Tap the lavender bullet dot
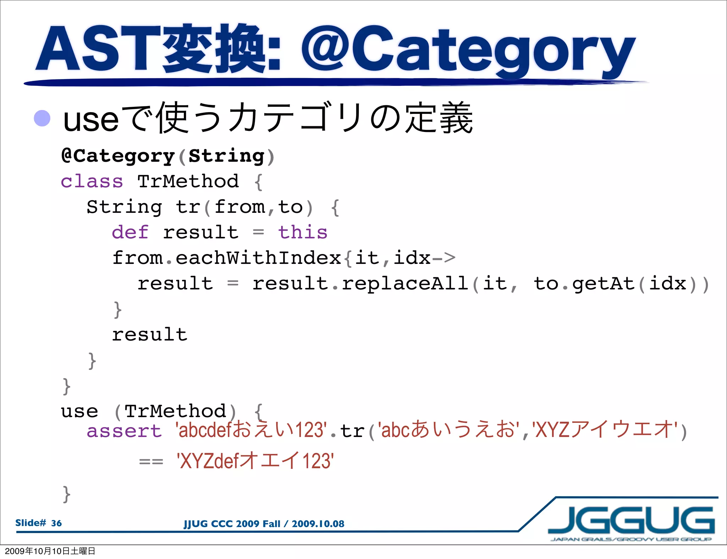pyautogui.click(x=42, y=118)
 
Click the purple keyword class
pyautogui.click(x=92, y=182)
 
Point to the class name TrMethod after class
pyautogui.click(x=188, y=182)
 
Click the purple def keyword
pyautogui.click(x=130, y=233)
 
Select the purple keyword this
pyautogui.click(x=302, y=233)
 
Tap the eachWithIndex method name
pyautogui.click(x=258, y=258)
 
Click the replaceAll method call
pyautogui.click(x=405, y=284)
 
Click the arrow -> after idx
pyautogui.click(x=444, y=258)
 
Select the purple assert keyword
pyautogui.click(x=124, y=431)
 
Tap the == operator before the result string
pyautogui.click(x=151, y=462)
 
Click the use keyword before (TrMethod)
pyautogui.click(x=80, y=411)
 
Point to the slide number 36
pyautogui.click(x=56, y=523)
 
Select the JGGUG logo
pyautogui.click(x=631, y=521)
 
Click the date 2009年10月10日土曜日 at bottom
pyautogui.click(x=50, y=551)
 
